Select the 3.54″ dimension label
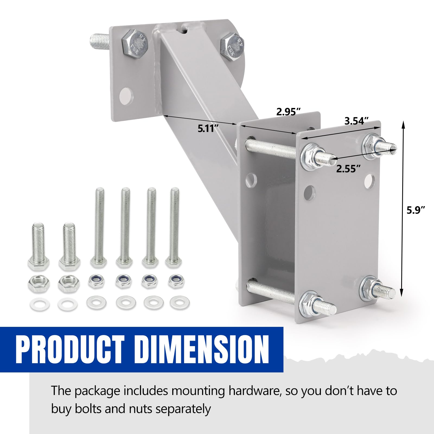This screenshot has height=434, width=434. point(357,121)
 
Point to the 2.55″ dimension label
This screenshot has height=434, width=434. point(349,169)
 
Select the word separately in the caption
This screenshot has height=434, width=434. point(183,409)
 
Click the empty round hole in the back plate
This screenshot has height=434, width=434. point(127,96)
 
